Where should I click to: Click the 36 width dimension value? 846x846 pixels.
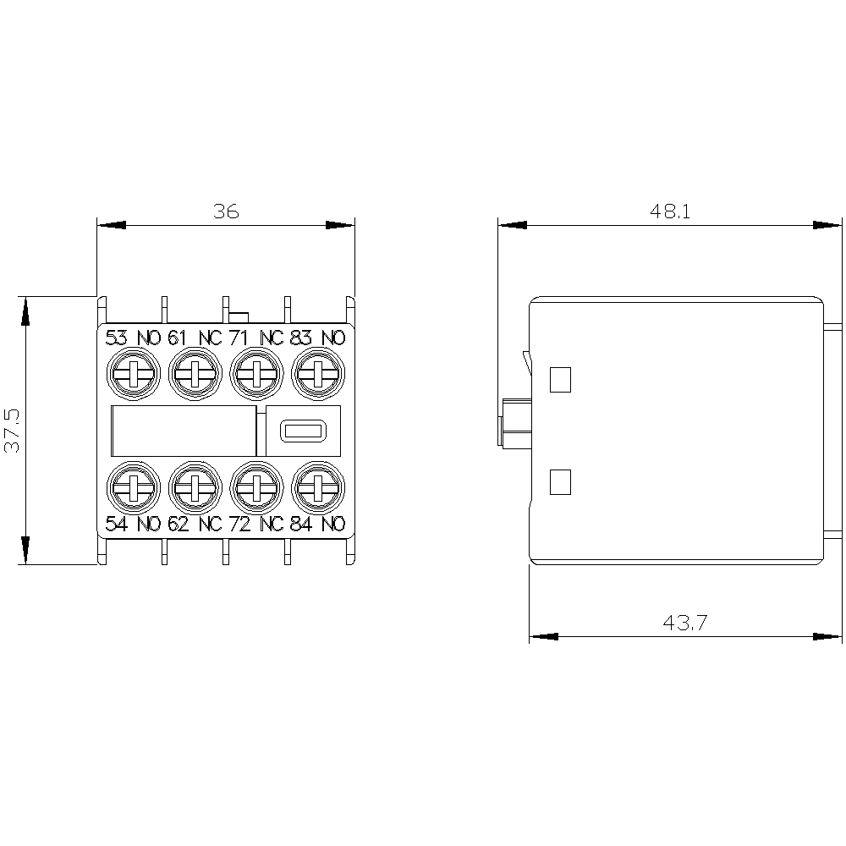pos(226,211)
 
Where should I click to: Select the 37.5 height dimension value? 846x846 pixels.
pos(13,430)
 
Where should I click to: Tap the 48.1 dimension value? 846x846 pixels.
pos(669,211)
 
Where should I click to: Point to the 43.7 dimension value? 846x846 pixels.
pos(684,623)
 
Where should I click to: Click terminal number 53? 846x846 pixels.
pos(117,338)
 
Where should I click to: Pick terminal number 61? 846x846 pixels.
pos(177,338)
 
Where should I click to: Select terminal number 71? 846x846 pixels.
pos(239,338)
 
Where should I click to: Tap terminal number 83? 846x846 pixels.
pos(300,338)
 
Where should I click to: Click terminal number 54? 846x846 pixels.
pos(117,524)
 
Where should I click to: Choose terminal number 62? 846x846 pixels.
pos(178,524)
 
